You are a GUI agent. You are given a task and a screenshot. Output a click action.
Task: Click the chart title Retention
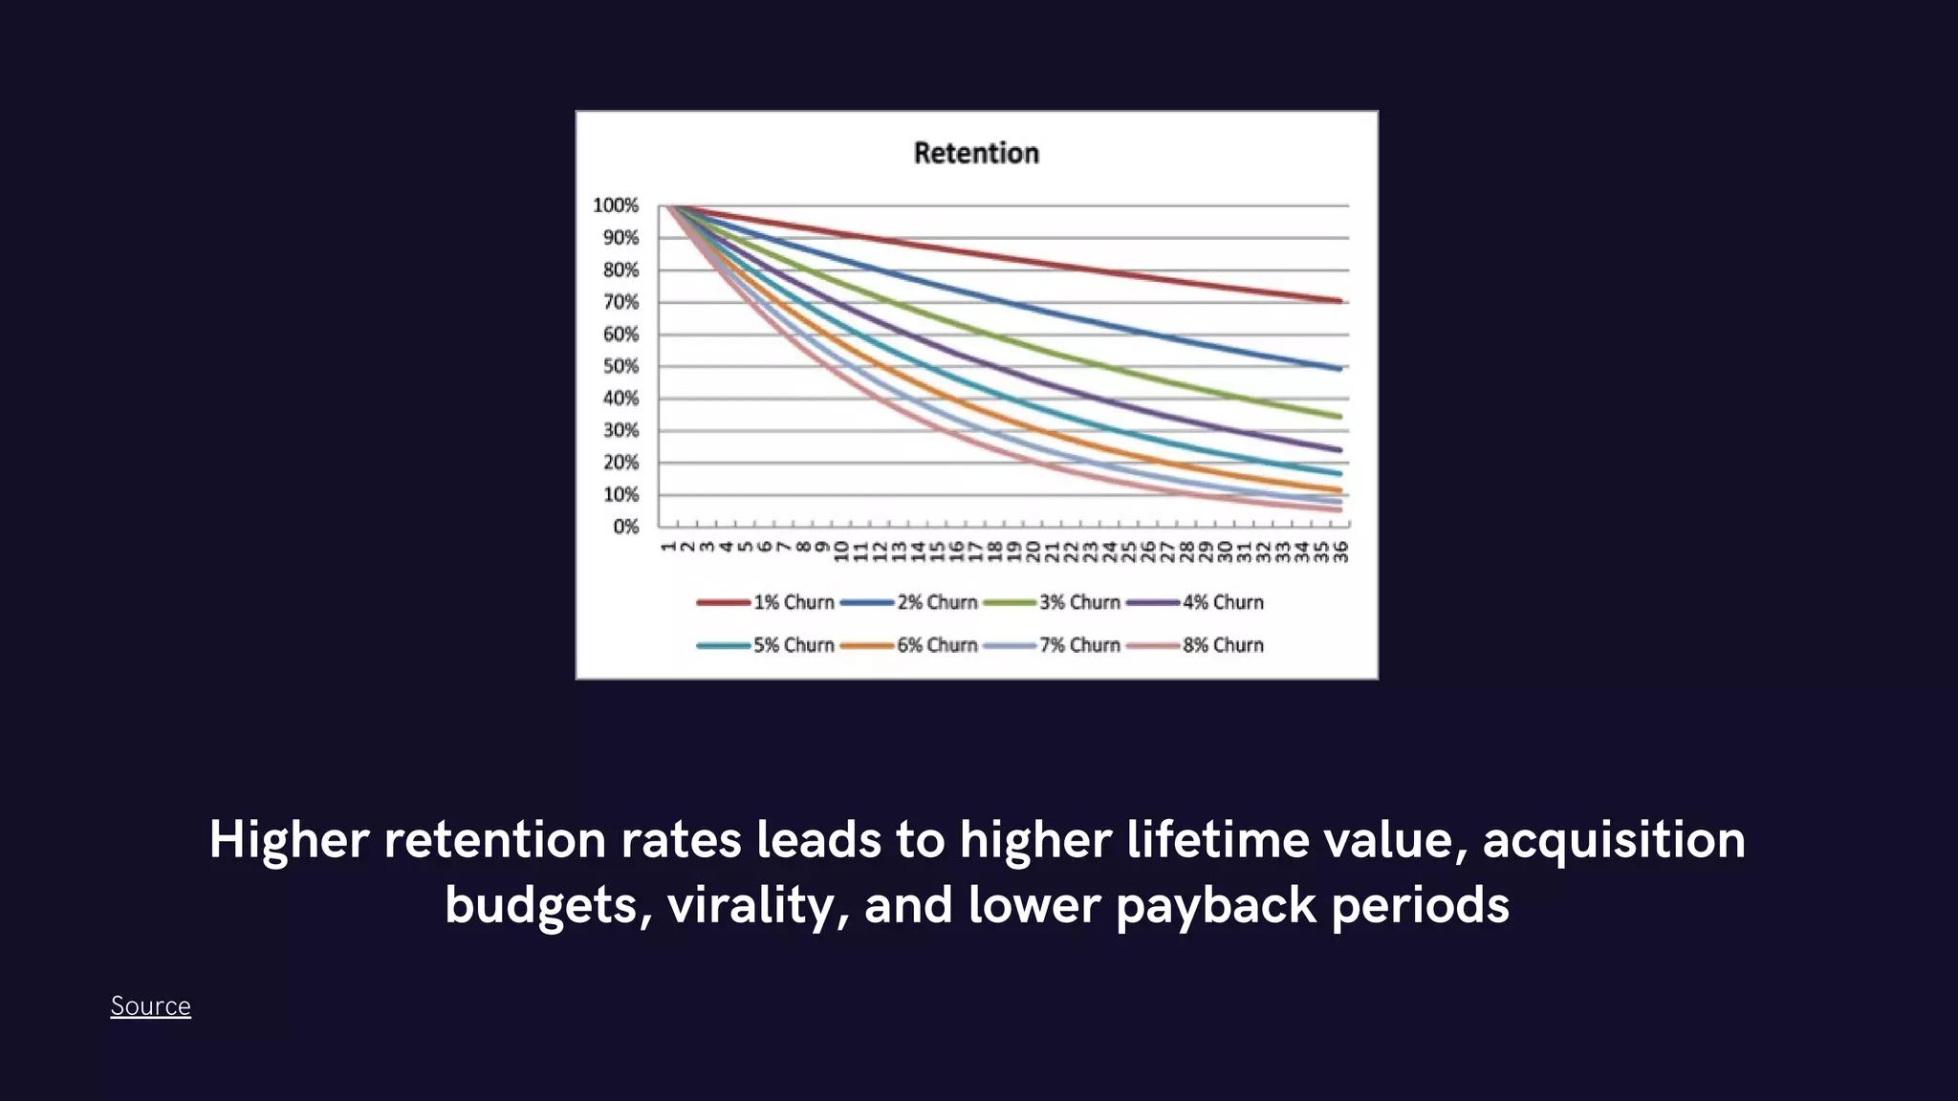[976, 153]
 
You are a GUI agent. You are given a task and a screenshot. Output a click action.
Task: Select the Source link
[150, 1005]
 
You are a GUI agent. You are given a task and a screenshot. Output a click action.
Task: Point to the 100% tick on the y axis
[616, 205]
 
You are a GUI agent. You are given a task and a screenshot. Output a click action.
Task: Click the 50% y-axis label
[620, 366]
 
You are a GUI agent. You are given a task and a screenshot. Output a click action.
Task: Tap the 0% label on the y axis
[625, 527]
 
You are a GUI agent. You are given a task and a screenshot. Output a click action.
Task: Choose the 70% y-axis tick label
[620, 302]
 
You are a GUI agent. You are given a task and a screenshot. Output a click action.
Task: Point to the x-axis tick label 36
[1341, 551]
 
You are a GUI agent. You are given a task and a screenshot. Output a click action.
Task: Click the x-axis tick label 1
[668, 547]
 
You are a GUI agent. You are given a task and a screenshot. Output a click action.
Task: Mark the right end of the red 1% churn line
[1340, 301]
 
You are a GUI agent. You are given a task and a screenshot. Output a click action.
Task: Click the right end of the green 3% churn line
[1340, 417]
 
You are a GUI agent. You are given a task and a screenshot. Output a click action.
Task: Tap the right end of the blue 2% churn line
[1340, 368]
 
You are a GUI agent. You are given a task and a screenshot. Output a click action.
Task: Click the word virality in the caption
[751, 904]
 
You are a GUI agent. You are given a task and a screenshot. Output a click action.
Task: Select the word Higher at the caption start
[289, 840]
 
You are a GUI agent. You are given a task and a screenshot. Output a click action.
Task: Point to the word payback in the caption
[1215, 904]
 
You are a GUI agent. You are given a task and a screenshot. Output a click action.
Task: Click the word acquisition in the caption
[1614, 840]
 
